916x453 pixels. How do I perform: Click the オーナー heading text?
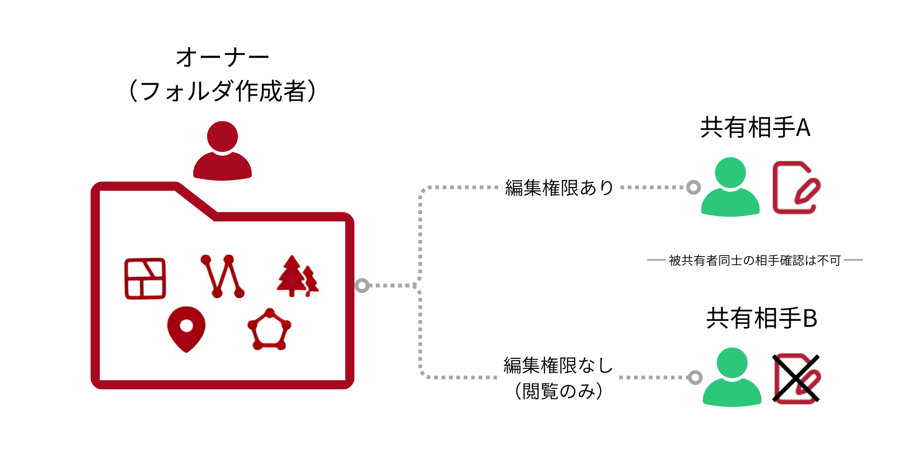tap(222, 58)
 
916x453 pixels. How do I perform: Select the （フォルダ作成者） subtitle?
tap(222, 91)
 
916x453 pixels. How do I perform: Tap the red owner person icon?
tap(223, 151)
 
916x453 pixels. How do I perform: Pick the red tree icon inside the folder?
tap(297, 276)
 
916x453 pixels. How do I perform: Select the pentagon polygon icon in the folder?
tap(269, 330)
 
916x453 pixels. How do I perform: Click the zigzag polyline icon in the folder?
tap(222, 276)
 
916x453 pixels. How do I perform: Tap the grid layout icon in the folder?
tap(145, 279)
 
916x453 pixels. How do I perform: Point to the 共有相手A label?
tap(755, 128)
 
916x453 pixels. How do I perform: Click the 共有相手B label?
tap(761, 318)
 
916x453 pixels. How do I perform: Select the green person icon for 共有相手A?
tap(730, 187)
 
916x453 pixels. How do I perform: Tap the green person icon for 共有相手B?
tap(732, 377)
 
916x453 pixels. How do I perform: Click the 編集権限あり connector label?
tap(559, 188)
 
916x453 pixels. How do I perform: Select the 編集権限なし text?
tap(558, 366)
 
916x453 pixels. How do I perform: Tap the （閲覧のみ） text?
tap(558, 391)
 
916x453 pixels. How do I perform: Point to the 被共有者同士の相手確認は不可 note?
tap(755, 261)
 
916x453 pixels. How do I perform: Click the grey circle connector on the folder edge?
tap(362, 286)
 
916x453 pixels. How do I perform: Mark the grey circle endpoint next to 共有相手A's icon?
tap(693, 187)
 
